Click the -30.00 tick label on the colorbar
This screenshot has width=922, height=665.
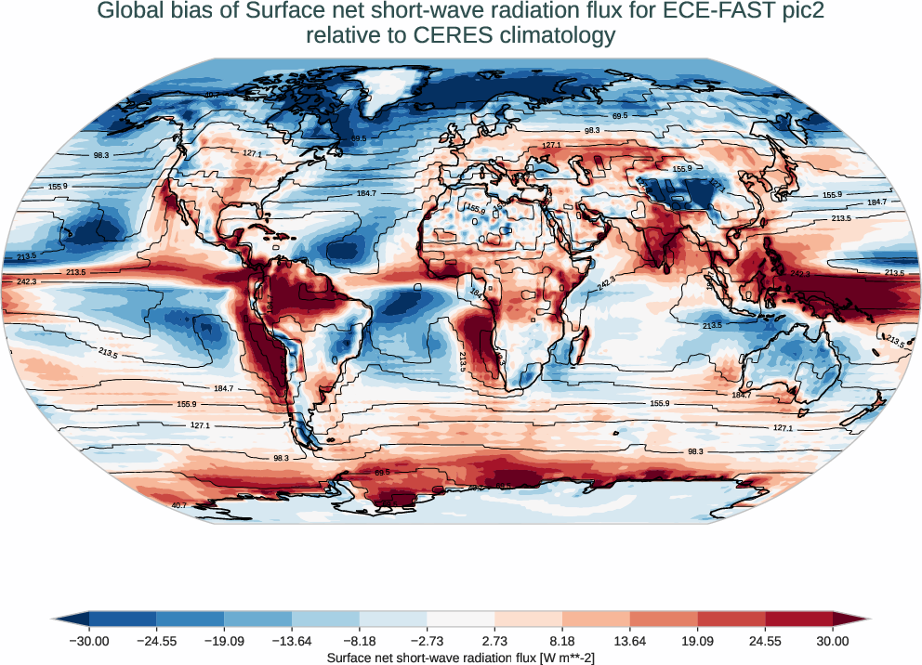click(89, 641)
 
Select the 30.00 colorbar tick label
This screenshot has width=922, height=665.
click(833, 641)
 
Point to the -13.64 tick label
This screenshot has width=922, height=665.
click(292, 641)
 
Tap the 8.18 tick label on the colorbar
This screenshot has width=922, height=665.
click(562, 641)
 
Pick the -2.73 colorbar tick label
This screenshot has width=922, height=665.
click(427, 641)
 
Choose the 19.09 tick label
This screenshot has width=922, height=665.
click(697, 641)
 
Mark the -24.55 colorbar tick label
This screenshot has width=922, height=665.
click(156, 641)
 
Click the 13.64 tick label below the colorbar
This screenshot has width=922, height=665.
click(630, 641)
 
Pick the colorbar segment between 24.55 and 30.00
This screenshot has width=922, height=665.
click(798, 619)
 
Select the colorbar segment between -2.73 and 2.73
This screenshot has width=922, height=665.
click(461, 619)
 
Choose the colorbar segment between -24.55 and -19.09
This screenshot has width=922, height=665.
click(191, 619)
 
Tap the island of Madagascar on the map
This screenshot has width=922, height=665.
click(575, 344)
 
